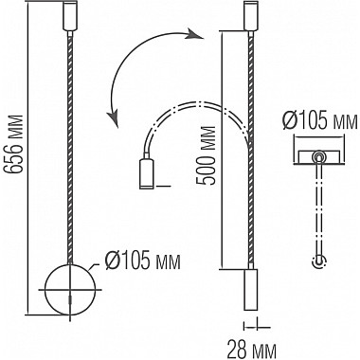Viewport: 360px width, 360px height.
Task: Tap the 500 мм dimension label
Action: pos(205,155)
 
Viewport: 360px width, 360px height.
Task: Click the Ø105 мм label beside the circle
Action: pos(142,261)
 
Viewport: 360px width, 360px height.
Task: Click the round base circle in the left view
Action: pos(45,290)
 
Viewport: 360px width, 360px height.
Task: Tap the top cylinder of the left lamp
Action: pos(70,16)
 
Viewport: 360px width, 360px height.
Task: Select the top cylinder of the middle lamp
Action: pos(251,16)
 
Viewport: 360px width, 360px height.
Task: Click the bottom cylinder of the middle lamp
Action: pos(251,289)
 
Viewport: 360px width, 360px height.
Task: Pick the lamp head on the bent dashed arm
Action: pos(146,173)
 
